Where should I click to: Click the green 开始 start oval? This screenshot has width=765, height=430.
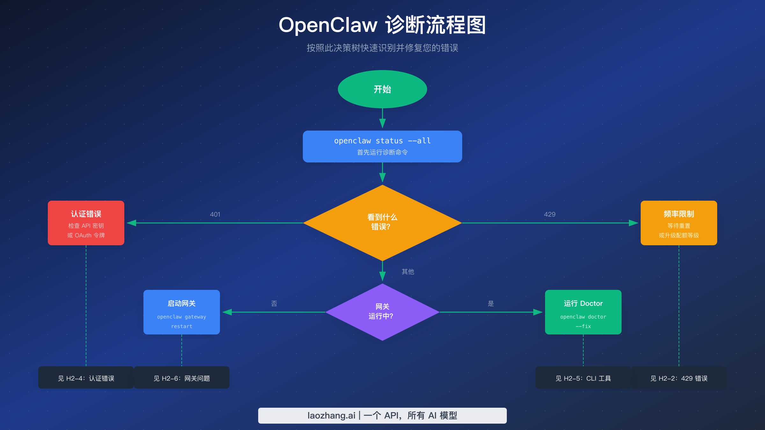tap(382, 89)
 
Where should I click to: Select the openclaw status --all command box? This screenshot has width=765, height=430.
tap(382, 146)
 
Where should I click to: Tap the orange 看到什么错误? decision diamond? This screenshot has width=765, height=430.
tap(382, 222)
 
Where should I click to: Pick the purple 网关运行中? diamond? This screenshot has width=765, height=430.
tap(382, 312)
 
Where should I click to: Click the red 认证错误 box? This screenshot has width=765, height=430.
tap(86, 223)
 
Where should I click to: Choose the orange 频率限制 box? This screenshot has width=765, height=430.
tap(679, 223)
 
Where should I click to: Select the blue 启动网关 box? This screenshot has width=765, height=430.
tap(182, 312)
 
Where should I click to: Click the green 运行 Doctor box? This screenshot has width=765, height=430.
tap(583, 312)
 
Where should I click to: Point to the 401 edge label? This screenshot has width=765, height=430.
tap(215, 214)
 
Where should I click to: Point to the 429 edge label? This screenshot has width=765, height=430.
tap(550, 214)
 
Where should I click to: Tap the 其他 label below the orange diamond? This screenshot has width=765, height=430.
tap(408, 272)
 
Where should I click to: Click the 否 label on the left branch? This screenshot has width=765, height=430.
tap(274, 304)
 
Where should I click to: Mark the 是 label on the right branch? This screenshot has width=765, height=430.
tap(491, 304)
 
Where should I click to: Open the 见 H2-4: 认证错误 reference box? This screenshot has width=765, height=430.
tap(86, 378)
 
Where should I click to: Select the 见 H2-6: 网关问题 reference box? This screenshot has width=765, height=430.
tap(182, 378)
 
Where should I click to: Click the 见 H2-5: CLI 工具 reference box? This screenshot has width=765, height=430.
tap(583, 378)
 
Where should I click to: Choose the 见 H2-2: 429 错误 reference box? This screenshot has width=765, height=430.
tap(679, 378)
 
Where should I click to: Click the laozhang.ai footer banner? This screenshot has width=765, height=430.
tap(382, 415)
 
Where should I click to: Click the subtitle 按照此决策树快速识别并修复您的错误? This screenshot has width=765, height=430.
tap(382, 48)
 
